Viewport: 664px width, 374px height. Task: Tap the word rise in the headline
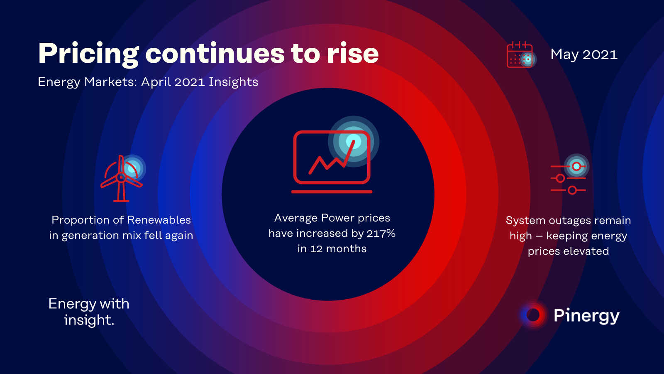pos(353,54)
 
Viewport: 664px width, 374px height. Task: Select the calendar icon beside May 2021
pos(521,54)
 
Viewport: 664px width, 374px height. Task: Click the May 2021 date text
pos(584,54)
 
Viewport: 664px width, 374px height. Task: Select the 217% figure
pos(381,233)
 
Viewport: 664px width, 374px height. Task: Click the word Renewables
pos(159,220)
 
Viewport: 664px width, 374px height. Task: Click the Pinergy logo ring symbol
pos(533,315)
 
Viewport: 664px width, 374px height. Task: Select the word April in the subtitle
pos(156,82)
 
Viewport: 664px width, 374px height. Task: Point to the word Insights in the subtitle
pos(233,82)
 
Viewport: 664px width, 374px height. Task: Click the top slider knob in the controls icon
pos(576,167)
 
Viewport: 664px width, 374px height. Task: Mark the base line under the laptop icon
pos(332,192)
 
